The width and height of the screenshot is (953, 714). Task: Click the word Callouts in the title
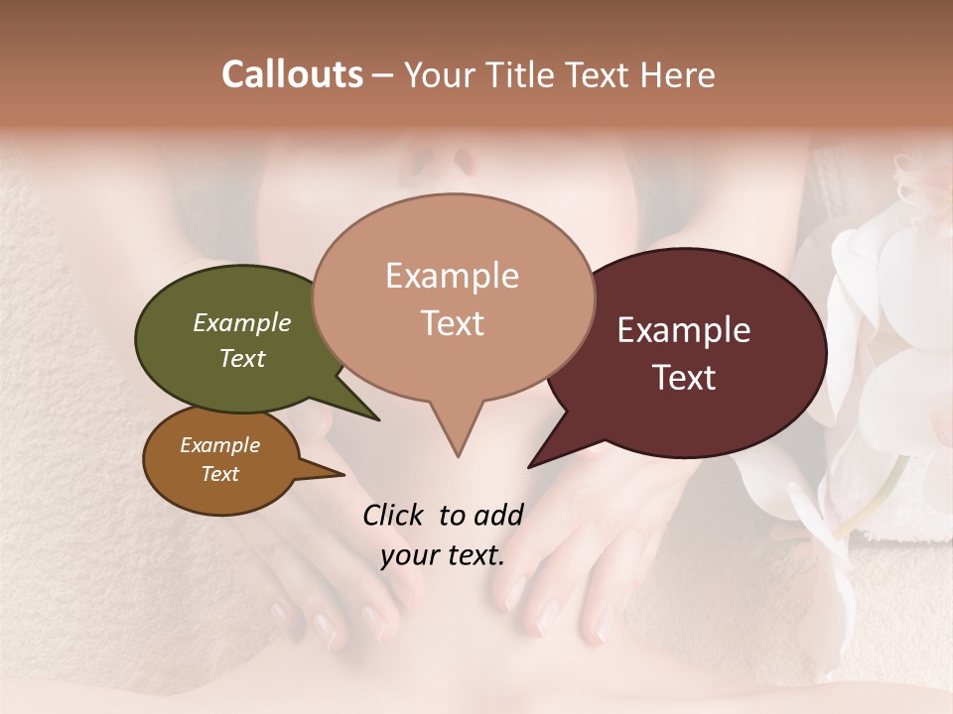click(292, 74)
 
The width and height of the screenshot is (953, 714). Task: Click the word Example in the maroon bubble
click(684, 330)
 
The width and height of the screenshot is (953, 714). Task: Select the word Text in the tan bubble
click(452, 322)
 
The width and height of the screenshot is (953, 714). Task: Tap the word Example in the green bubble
click(242, 322)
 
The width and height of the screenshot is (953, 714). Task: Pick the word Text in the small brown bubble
click(220, 474)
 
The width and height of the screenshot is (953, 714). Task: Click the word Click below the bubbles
click(394, 515)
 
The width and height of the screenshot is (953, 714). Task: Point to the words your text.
click(442, 555)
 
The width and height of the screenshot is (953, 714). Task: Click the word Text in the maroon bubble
click(685, 378)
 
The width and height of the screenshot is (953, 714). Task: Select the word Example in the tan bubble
click(452, 276)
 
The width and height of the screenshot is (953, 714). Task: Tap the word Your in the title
click(441, 74)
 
